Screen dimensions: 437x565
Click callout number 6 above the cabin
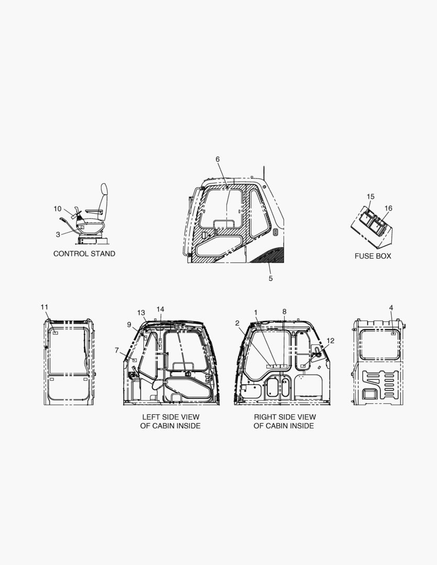[218, 159]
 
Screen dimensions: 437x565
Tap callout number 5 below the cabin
[271, 278]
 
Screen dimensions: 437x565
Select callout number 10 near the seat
[58, 209]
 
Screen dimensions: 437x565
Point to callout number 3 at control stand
[58, 234]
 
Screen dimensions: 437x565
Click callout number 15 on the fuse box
[371, 197]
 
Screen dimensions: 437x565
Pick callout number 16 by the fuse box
[388, 208]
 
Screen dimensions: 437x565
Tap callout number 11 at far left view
[44, 307]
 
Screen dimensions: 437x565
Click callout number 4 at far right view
[391, 308]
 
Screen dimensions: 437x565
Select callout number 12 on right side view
[331, 341]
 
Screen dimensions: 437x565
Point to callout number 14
[161, 309]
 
